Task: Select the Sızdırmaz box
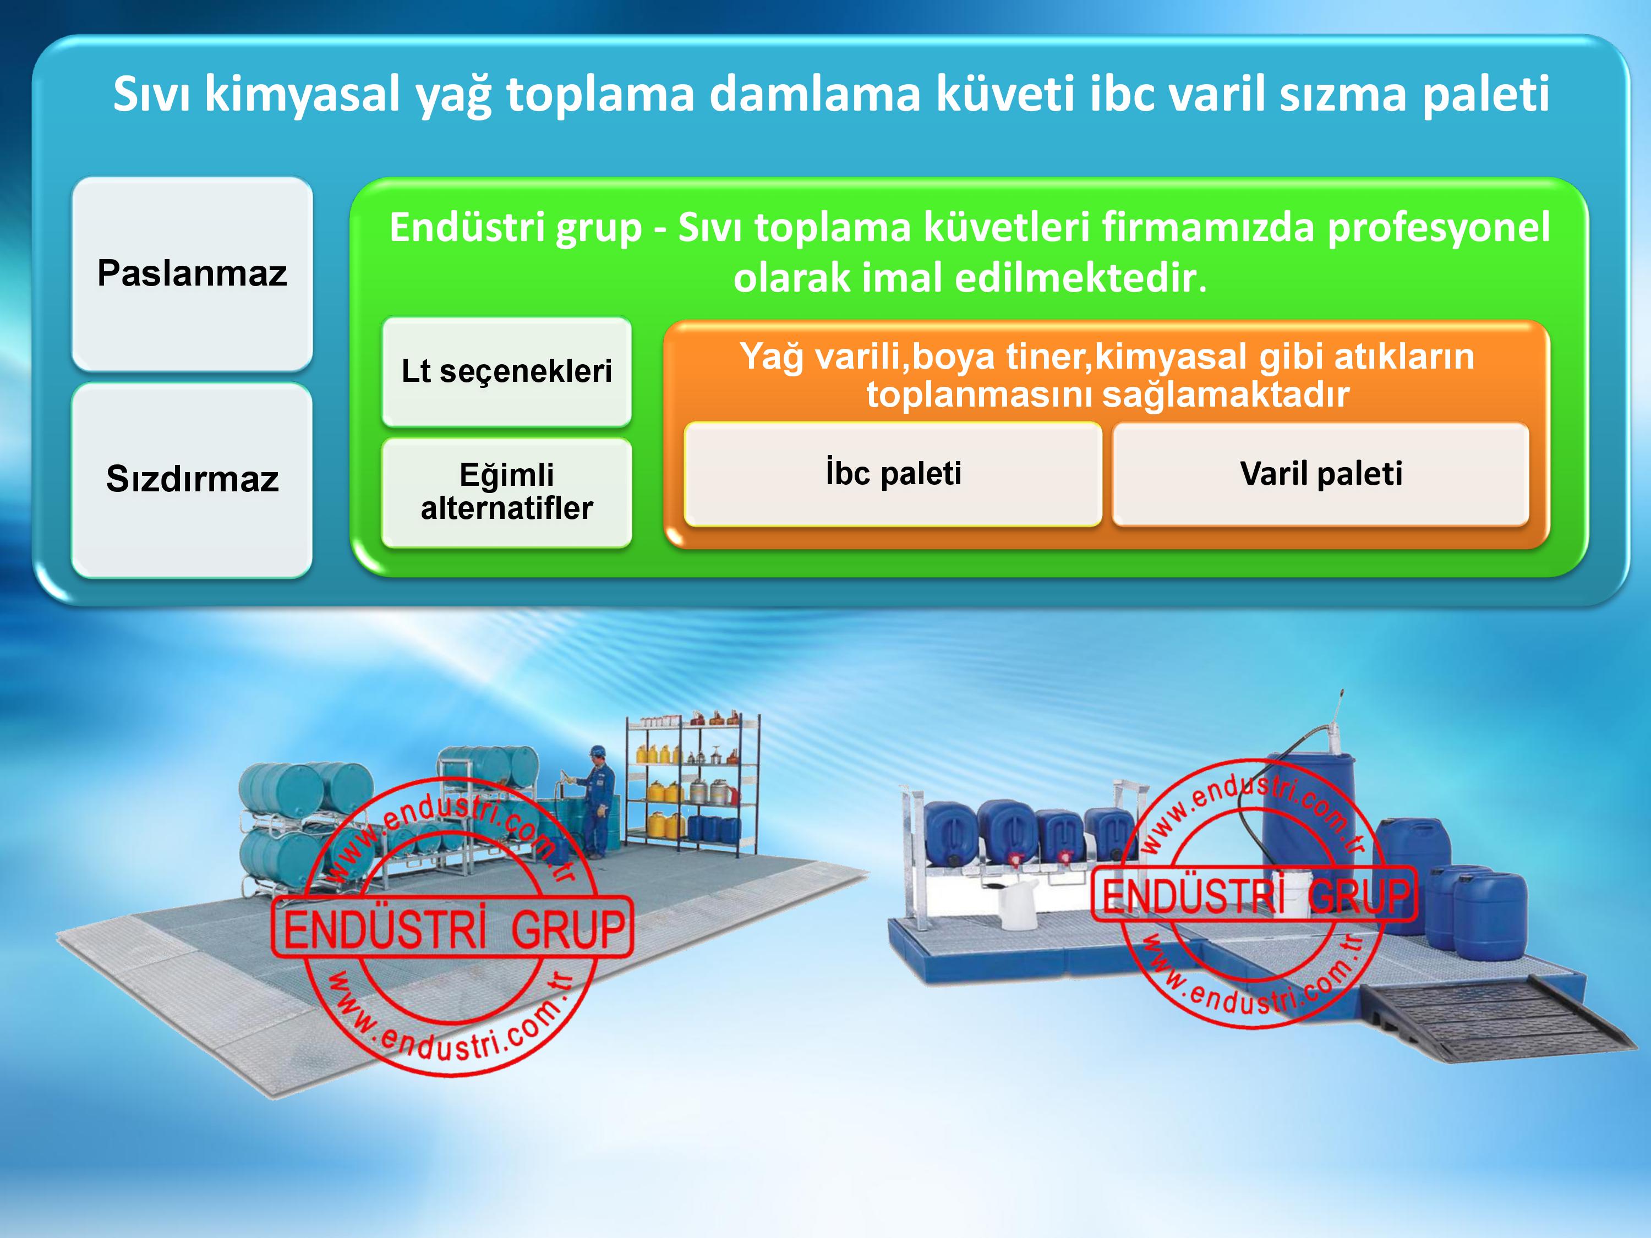point(192,479)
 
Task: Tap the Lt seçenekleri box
point(507,371)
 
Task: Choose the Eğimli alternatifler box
point(507,492)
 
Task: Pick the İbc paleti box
point(893,474)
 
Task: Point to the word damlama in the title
point(814,94)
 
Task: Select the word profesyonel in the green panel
point(1438,228)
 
